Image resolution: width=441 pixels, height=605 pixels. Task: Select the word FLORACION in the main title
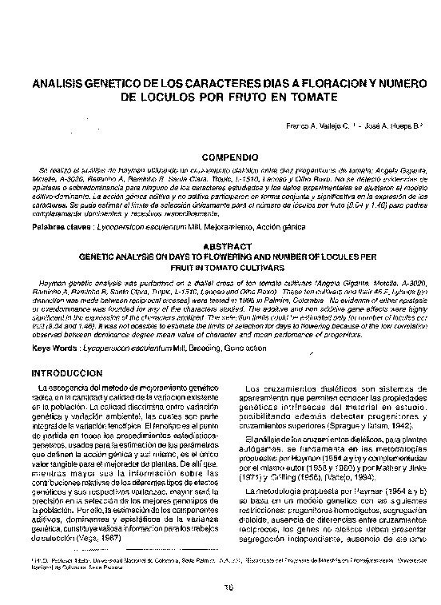[x=325, y=84]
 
